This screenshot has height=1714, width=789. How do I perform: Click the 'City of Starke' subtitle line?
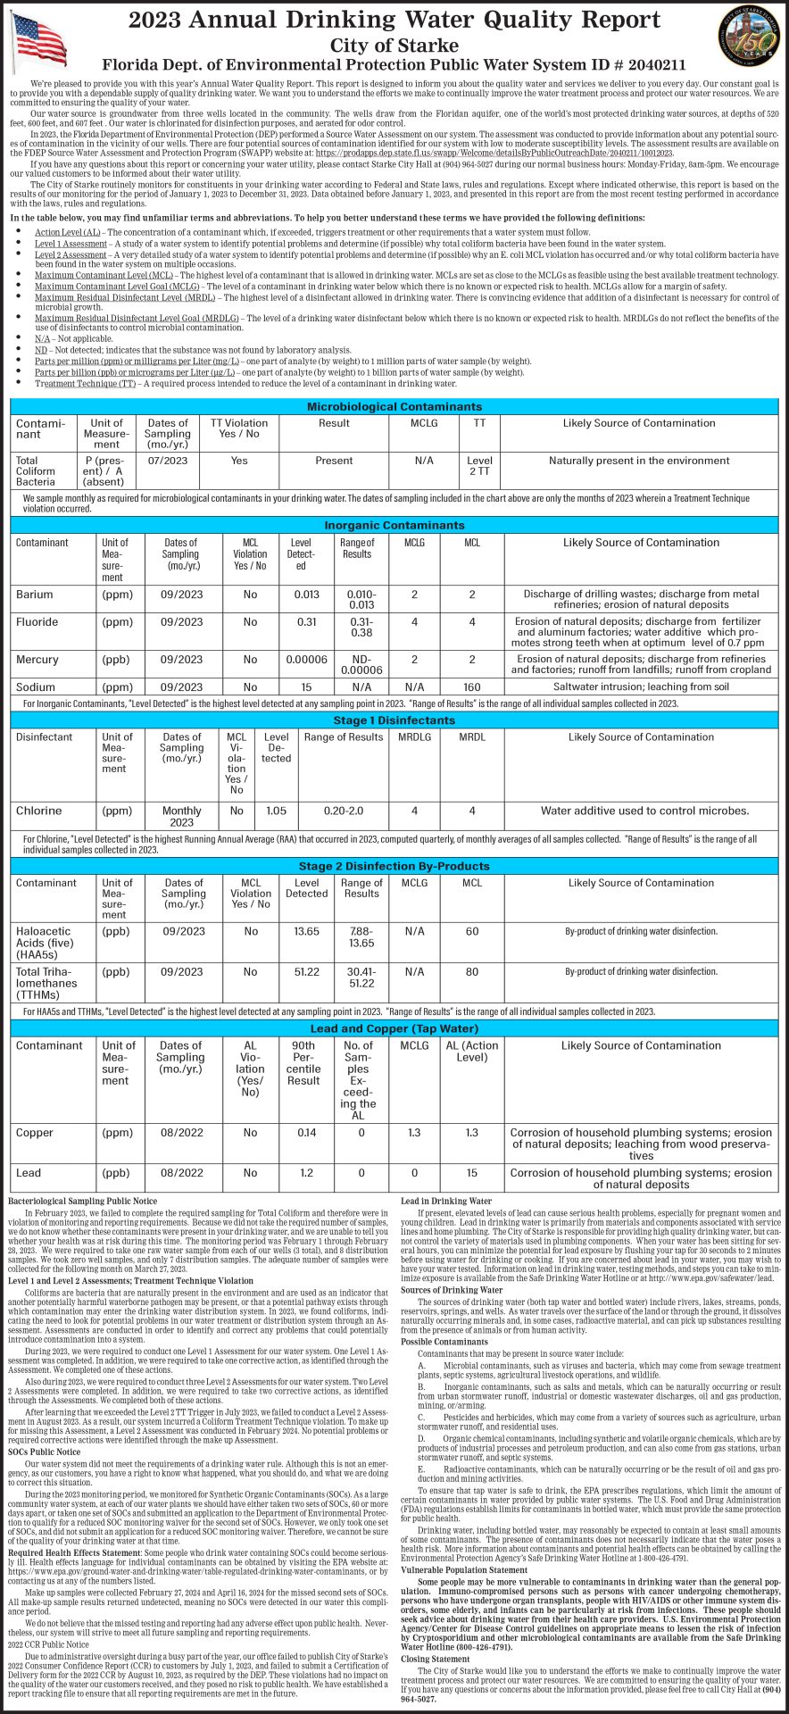[x=394, y=46]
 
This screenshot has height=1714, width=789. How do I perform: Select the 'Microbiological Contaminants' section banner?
[x=394, y=406]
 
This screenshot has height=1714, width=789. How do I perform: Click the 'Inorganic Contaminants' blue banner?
[x=394, y=525]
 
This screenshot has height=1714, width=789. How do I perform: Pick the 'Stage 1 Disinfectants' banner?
[x=394, y=720]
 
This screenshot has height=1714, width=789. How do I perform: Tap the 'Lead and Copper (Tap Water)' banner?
[x=394, y=1028]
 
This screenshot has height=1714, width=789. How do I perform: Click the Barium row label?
[x=35, y=595]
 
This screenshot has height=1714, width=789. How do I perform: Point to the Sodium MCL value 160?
[x=472, y=687]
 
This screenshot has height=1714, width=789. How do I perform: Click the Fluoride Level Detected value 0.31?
[x=306, y=622]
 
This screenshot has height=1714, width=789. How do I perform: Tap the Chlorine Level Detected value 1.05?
[x=277, y=811]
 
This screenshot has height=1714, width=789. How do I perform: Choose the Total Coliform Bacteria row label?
[x=36, y=471]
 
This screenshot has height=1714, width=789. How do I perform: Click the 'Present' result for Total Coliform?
[x=334, y=461]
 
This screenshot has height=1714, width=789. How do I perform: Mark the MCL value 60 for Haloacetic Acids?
[x=472, y=931]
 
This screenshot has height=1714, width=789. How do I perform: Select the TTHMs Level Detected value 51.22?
[x=307, y=972]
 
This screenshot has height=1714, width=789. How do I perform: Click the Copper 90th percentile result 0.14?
[x=306, y=1133]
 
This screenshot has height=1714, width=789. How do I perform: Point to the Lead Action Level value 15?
[x=471, y=1173]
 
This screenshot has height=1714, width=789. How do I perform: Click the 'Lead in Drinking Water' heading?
[x=446, y=1202]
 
